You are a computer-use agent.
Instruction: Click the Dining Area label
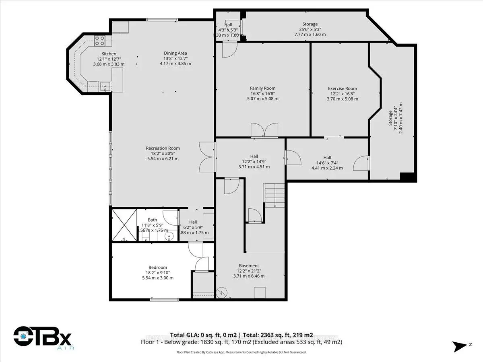(175, 53)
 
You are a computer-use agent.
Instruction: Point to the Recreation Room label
(163, 148)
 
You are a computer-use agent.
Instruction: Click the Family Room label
(262, 88)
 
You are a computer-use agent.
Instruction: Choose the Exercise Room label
(342, 88)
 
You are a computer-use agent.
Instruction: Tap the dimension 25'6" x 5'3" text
(310, 29)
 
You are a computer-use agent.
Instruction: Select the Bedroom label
(157, 267)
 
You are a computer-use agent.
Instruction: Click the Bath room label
(152, 220)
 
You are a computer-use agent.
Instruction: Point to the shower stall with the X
(124, 225)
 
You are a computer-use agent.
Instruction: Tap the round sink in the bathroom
(169, 237)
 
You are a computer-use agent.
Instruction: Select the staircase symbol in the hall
(274, 195)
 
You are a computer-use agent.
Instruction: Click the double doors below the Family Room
(264, 131)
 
